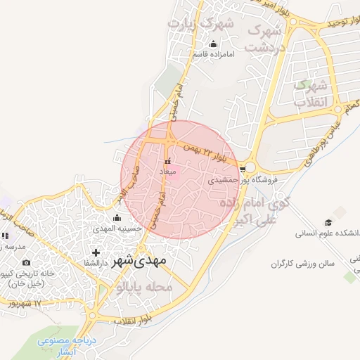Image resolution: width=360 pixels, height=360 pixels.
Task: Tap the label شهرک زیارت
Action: point(198,25)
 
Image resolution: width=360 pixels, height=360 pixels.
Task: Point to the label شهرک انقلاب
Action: point(310,94)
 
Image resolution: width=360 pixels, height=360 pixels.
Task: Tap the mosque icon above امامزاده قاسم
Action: point(214,46)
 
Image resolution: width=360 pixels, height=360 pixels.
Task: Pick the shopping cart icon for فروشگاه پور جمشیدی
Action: point(243,169)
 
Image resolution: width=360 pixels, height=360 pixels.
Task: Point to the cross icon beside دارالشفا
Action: point(96,252)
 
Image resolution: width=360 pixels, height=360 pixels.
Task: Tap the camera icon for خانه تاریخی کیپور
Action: point(27,263)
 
